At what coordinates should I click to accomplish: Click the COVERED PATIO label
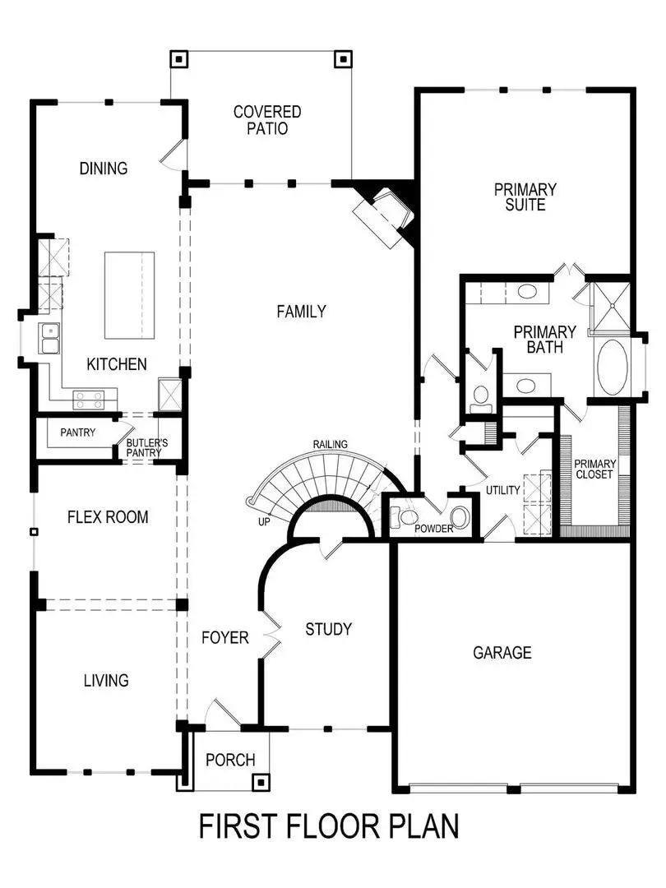click(x=267, y=120)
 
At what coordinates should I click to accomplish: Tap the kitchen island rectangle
click(x=129, y=295)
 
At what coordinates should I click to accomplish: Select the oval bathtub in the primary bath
click(x=611, y=367)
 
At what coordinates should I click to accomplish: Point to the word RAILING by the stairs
click(x=330, y=445)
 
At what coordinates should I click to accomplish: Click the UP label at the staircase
click(x=265, y=521)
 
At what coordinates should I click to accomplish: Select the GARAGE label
click(x=502, y=653)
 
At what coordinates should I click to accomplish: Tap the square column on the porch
click(x=261, y=782)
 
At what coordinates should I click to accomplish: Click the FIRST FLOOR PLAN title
click(x=329, y=826)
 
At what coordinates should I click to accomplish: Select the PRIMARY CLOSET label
click(x=594, y=469)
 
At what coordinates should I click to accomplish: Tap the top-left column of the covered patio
click(x=179, y=59)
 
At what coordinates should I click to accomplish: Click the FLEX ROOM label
click(x=108, y=517)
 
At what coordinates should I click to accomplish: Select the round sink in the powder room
click(x=459, y=517)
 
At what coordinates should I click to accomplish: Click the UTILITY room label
click(x=502, y=491)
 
